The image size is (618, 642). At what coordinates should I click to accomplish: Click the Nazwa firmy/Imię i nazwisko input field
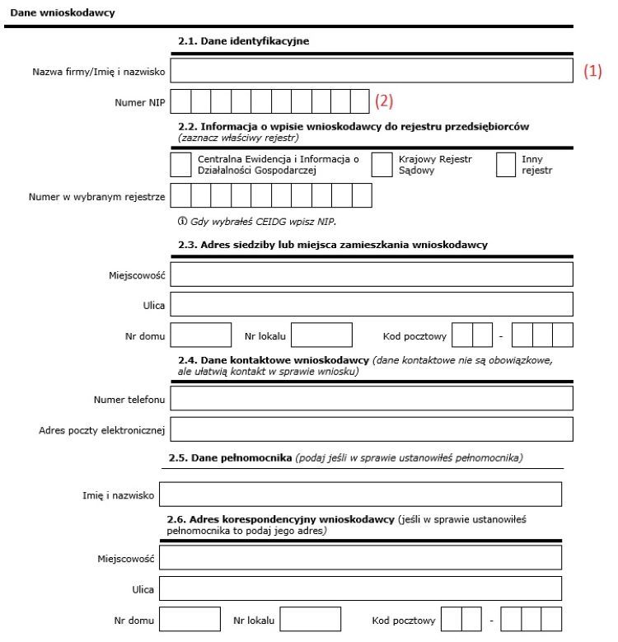[x=372, y=72]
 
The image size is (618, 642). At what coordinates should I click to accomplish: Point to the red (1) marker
[x=592, y=72]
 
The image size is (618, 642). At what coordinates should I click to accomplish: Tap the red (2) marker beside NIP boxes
[x=384, y=101]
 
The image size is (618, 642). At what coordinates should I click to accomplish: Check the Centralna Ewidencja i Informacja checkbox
[x=180, y=165]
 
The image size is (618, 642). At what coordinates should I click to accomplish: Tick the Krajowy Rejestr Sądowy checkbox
[x=382, y=165]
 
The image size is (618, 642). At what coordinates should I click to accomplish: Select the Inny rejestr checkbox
[x=506, y=165]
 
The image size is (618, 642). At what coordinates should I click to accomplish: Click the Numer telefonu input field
[x=372, y=399]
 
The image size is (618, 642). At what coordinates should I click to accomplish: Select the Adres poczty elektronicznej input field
[x=372, y=429]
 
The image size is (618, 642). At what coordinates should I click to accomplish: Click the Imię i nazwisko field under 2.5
[x=360, y=494]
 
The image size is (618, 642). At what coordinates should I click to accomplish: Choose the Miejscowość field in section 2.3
[x=372, y=274]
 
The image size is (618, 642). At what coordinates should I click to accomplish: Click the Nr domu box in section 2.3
[x=201, y=335]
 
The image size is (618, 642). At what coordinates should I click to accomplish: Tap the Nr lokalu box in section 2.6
[x=310, y=619]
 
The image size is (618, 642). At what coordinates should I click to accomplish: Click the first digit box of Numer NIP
[x=180, y=102]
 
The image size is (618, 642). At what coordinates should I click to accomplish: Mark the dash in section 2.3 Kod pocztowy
[x=500, y=336]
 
